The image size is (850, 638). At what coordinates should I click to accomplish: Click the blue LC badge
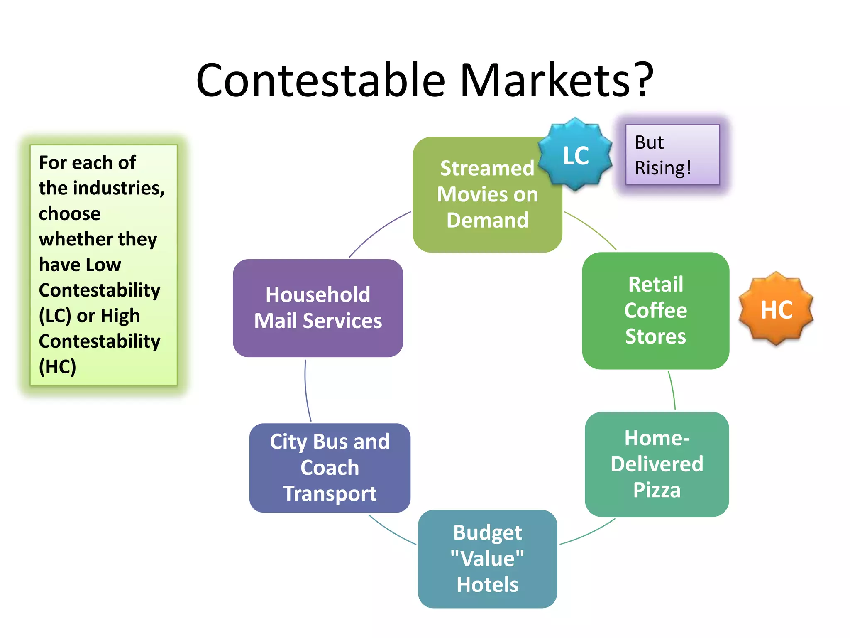[x=575, y=155]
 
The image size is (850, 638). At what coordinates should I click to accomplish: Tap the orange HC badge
[x=776, y=309]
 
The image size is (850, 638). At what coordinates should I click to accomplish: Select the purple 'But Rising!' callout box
[x=672, y=155]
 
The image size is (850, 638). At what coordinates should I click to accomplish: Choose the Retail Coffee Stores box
[x=655, y=310]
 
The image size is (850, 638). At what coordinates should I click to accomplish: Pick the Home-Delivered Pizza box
[x=657, y=464]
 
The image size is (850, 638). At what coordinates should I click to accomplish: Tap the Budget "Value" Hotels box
[x=487, y=559]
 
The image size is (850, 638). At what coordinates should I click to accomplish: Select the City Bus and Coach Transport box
[x=330, y=468]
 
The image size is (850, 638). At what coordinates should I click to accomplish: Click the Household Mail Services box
[x=318, y=308]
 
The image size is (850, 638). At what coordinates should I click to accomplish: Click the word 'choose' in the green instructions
[x=70, y=214]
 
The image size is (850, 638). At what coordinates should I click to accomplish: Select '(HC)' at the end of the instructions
[x=57, y=367]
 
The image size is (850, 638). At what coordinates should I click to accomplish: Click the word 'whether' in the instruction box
[x=76, y=239]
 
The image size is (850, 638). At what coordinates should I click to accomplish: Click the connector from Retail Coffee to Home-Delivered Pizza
[x=672, y=390]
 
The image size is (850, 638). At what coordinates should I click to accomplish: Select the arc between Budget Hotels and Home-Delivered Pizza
[x=588, y=533]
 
